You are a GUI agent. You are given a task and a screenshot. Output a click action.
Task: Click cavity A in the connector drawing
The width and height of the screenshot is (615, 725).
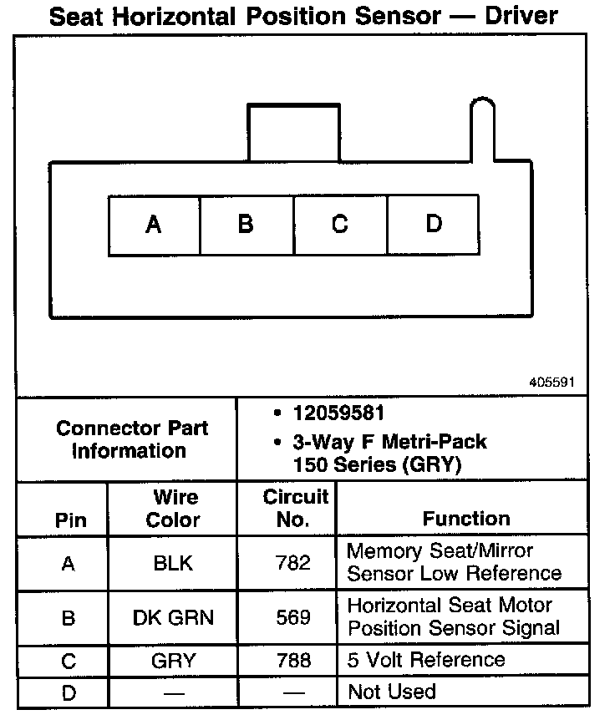154,225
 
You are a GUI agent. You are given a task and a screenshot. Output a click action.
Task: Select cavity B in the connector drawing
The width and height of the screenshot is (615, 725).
246,225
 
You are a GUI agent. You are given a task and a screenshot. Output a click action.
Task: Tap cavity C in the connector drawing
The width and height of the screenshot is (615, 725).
339,225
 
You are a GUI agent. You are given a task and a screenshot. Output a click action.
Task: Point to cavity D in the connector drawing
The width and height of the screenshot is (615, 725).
433,225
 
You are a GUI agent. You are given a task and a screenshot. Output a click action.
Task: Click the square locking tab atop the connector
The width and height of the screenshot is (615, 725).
293,132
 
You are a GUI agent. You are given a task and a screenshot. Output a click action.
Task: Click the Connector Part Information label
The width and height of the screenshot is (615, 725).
132,439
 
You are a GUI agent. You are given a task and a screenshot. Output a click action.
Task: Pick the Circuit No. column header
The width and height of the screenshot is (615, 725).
295,509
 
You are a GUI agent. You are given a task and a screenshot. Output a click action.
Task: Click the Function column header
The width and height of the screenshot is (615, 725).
465,519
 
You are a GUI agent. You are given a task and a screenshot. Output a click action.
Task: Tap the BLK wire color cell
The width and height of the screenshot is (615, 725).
173,563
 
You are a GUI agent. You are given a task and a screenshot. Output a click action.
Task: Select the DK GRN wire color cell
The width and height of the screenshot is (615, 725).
173,618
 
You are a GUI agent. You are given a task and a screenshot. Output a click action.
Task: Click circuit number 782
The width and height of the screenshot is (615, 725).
293,563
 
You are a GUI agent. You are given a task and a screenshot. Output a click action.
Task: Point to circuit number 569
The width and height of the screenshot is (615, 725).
293,618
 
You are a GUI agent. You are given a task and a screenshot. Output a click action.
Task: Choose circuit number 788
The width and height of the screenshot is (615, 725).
293,662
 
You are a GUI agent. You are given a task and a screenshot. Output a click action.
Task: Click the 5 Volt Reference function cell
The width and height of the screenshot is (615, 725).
426,660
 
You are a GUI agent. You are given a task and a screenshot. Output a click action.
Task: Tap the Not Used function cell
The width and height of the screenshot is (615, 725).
391,692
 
